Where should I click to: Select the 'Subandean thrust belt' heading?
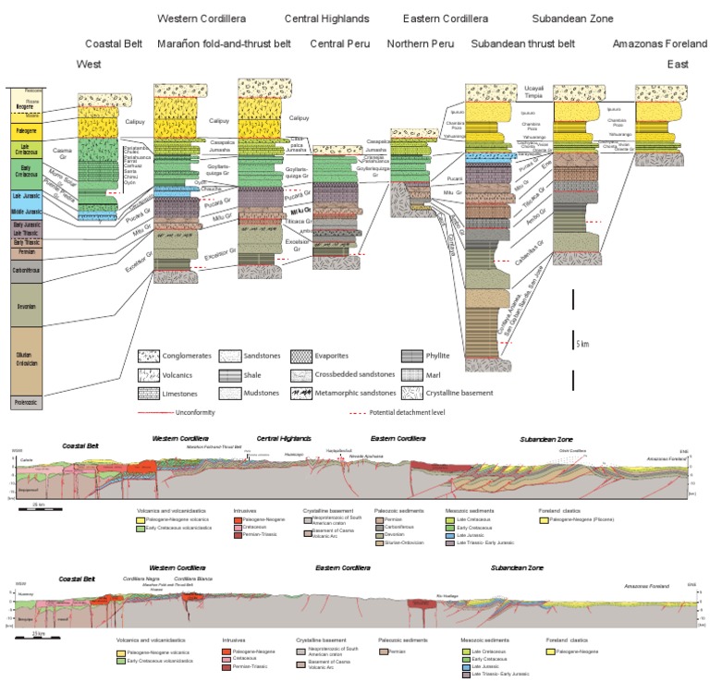522,43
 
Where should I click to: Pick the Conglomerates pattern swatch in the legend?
149,354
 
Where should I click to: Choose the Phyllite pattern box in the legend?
412,354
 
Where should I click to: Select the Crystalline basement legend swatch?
412,393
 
